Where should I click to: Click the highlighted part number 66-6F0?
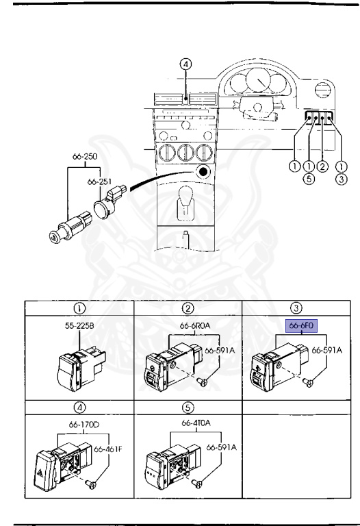point(301,325)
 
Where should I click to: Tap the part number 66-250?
point(85,156)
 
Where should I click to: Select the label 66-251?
point(99,181)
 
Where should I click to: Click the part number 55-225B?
point(79,325)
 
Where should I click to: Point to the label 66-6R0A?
point(195,325)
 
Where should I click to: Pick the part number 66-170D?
point(84,425)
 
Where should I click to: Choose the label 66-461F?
point(108,449)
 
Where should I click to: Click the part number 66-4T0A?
point(196,423)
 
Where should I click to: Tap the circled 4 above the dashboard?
point(185,64)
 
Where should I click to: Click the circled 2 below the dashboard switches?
point(322,166)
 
